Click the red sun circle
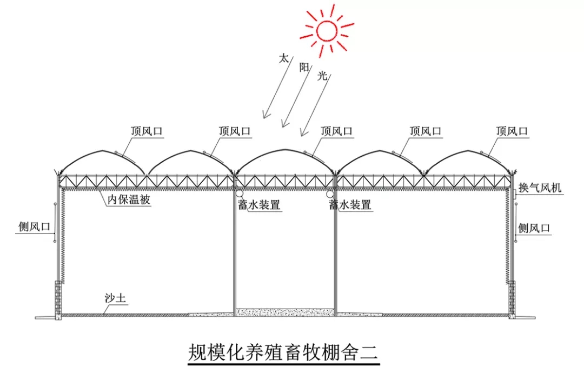[x=327, y=30]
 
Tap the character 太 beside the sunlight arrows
[x=283, y=58]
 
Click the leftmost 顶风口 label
[x=147, y=131]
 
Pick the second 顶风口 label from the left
[x=235, y=131]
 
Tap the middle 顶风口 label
[x=336, y=131]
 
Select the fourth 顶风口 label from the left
[x=426, y=131]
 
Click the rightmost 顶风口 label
[x=512, y=131]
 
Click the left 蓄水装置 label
[x=262, y=205]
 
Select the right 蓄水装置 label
[x=350, y=205]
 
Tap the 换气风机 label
[x=540, y=188]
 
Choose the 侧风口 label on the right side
[x=534, y=228]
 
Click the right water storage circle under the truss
[x=330, y=193]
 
